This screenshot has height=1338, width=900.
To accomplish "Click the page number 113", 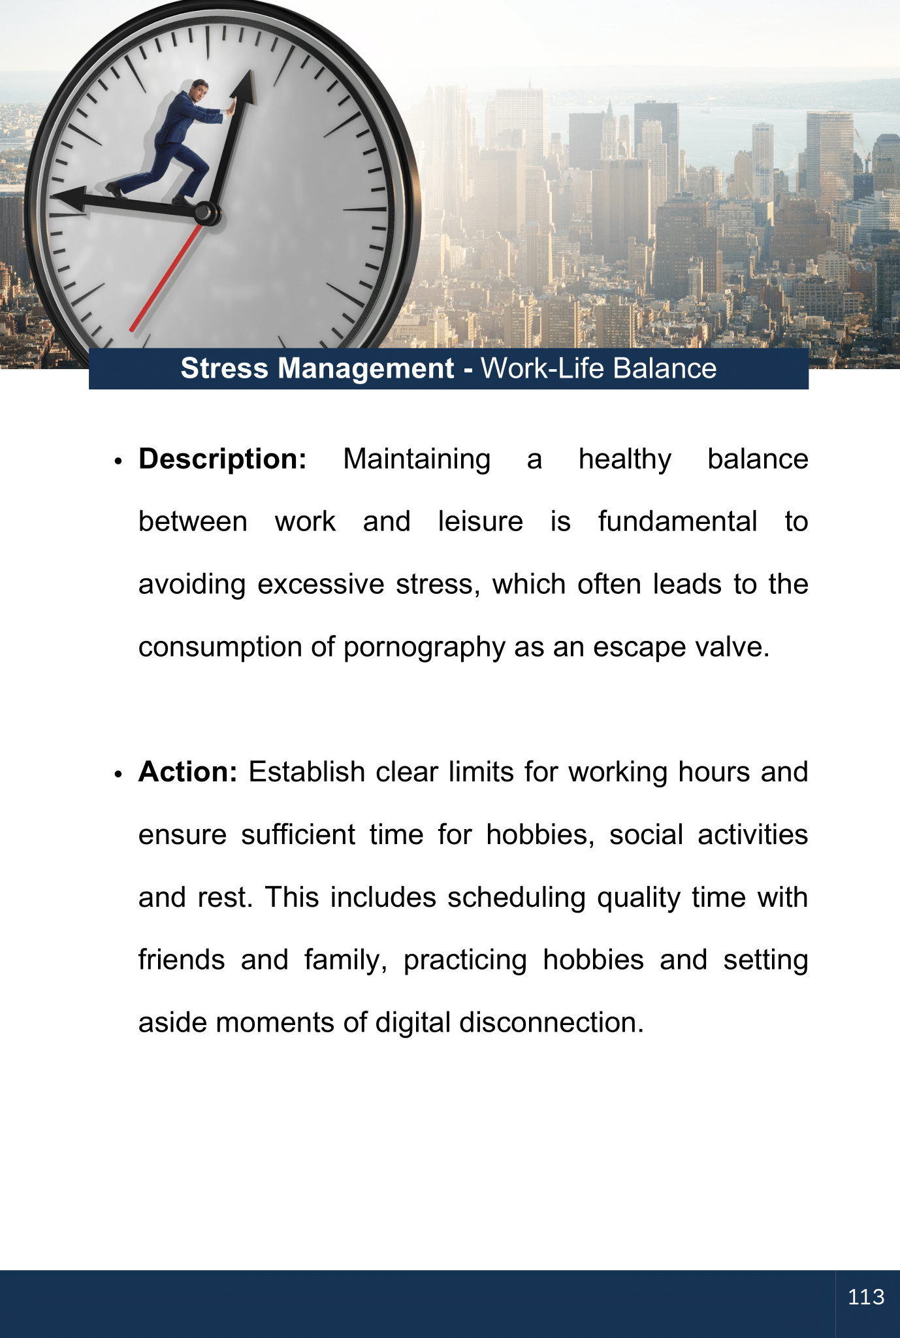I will coord(866,1297).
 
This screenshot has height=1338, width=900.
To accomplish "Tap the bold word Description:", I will coord(223,459).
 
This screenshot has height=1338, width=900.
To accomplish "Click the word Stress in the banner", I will coord(224,368).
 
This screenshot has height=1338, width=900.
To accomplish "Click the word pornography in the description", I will coord(424,647).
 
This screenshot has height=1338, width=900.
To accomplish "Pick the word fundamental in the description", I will coord(677,522).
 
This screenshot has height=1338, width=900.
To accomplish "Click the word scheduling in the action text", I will coord(516,898).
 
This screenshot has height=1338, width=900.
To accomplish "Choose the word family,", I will coord(346,960).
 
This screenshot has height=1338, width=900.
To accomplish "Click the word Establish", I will coord(306,772).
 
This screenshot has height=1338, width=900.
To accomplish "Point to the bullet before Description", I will coord(118,461).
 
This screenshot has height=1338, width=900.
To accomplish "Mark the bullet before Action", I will coord(118,774).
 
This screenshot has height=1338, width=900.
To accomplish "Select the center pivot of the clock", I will coord(205,212).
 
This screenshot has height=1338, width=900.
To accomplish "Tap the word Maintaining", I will coord(417,459).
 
